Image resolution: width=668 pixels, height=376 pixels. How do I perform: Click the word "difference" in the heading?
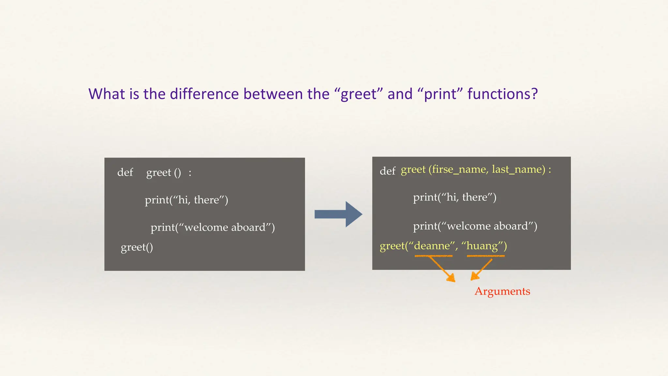pyautogui.click(x=205, y=94)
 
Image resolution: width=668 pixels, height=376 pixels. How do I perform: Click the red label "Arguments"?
pyautogui.click(x=502, y=291)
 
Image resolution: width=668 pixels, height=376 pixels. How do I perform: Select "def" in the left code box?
pyautogui.click(x=125, y=172)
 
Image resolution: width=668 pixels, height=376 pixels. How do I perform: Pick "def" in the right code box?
pyautogui.click(x=387, y=171)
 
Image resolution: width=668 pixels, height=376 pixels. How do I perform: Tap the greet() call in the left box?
pyautogui.click(x=137, y=247)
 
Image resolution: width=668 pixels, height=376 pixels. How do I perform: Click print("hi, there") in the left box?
pyautogui.click(x=186, y=200)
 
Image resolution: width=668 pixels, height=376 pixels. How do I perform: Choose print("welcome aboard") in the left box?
pyautogui.click(x=213, y=227)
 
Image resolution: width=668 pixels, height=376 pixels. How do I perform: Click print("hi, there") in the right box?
pyautogui.click(x=454, y=197)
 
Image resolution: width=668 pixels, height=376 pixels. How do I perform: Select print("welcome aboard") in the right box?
pyautogui.click(x=475, y=226)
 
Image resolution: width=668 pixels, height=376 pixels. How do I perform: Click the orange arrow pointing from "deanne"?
pyautogui.click(x=442, y=269)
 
